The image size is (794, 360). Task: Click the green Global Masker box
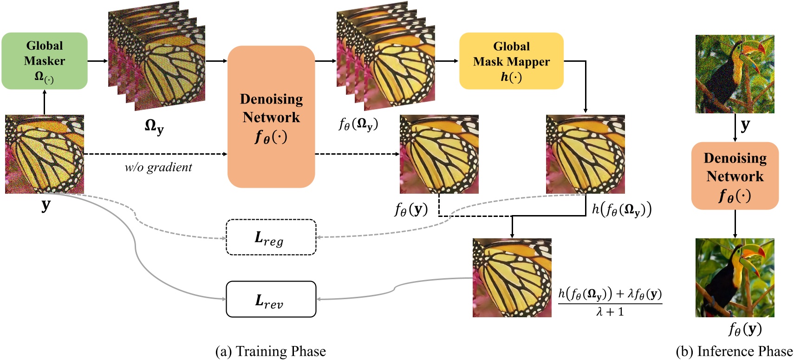pos(45,61)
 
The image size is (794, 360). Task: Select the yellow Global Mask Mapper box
pos(511,61)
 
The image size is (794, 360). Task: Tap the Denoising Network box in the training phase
pos(271,117)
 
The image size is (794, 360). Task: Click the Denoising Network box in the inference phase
pos(735,176)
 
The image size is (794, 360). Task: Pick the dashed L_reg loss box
pos(271,237)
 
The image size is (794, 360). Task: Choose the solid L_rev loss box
pos(271,299)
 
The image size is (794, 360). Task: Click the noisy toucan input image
pos(735,74)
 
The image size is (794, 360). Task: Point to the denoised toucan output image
pos(735,277)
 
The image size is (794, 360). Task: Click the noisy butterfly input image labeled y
pos(45,154)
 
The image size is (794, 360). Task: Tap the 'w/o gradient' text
pos(158,167)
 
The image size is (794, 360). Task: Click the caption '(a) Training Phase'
pos(271,351)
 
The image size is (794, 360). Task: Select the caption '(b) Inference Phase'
pos(734,351)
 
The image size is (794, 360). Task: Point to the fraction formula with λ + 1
pos(610,302)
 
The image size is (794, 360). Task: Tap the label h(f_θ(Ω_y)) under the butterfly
pos(621,209)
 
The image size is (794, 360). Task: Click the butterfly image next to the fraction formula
pos(512,277)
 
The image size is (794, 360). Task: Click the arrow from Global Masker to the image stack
pos(98,61)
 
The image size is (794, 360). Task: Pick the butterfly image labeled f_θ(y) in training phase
pos(439,154)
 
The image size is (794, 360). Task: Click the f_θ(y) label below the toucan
pos(745,329)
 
